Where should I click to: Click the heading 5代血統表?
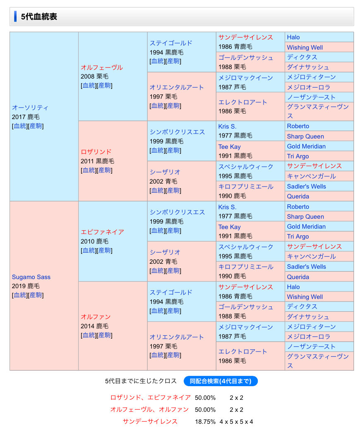click(39, 17)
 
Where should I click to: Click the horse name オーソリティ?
click(30, 107)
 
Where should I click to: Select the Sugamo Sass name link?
click(31, 277)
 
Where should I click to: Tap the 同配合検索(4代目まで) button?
click(221, 381)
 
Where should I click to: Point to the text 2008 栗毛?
click(95, 76)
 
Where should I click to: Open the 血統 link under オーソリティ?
click(20, 126)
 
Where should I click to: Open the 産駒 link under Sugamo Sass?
click(36, 295)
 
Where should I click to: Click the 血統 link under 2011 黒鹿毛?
click(89, 170)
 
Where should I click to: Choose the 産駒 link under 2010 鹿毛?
click(104, 251)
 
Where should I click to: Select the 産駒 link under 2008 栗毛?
click(104, 86)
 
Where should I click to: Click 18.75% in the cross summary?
click(205, 422)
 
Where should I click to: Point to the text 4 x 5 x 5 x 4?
click(236, 422)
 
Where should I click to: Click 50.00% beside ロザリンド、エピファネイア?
click(205, 398)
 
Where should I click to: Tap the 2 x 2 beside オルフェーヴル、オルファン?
click(236, 410)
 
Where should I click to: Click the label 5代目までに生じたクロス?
click(141, 381)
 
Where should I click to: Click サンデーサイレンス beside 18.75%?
click(150, 422)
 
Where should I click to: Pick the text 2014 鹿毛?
click(95, 326)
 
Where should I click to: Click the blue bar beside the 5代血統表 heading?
click(15, 17)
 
